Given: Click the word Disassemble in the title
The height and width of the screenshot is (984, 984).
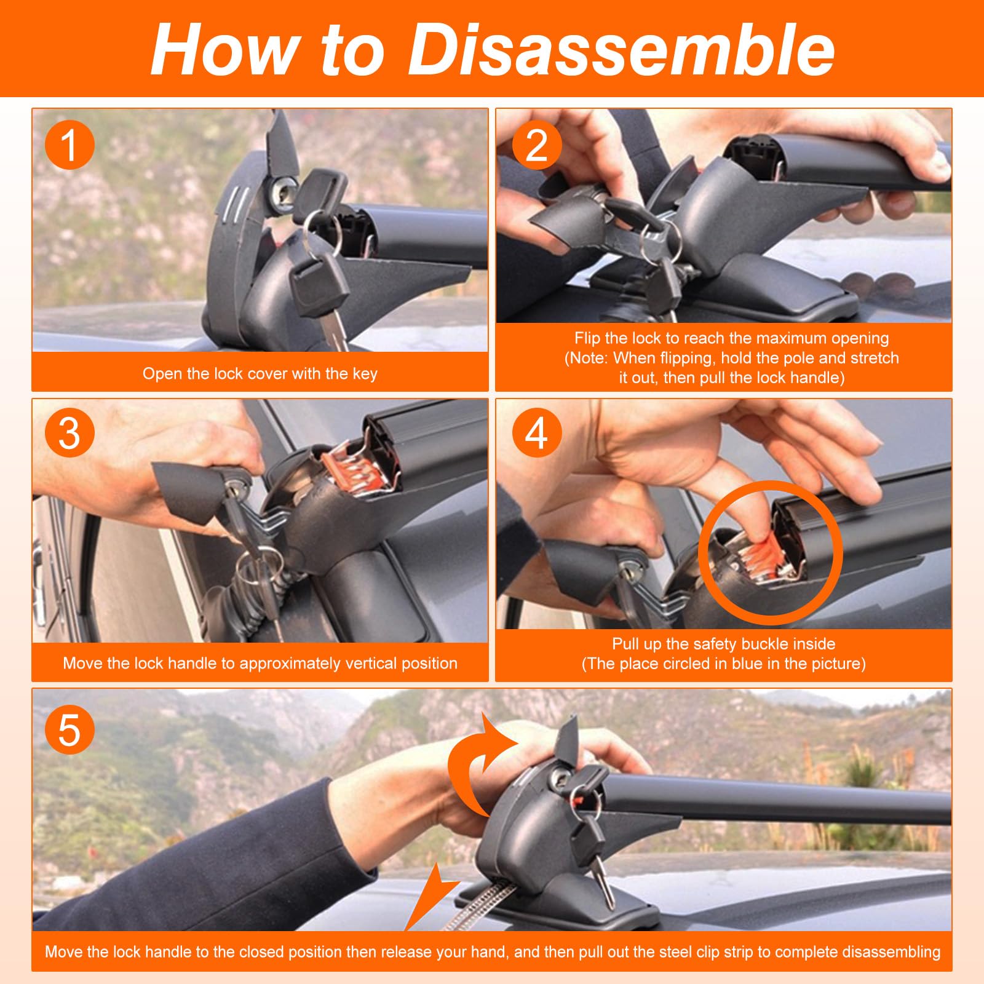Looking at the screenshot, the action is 621,49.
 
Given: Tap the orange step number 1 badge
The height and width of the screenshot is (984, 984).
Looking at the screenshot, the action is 69,145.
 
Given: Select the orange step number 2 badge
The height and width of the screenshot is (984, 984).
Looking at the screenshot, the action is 536,145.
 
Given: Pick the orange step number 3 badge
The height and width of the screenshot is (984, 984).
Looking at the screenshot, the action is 69,434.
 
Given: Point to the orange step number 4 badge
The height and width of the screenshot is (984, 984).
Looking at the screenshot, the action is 536,434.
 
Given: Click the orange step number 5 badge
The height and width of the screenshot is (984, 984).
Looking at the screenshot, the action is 69,730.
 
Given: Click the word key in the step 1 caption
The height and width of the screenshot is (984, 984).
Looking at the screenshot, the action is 365,374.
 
